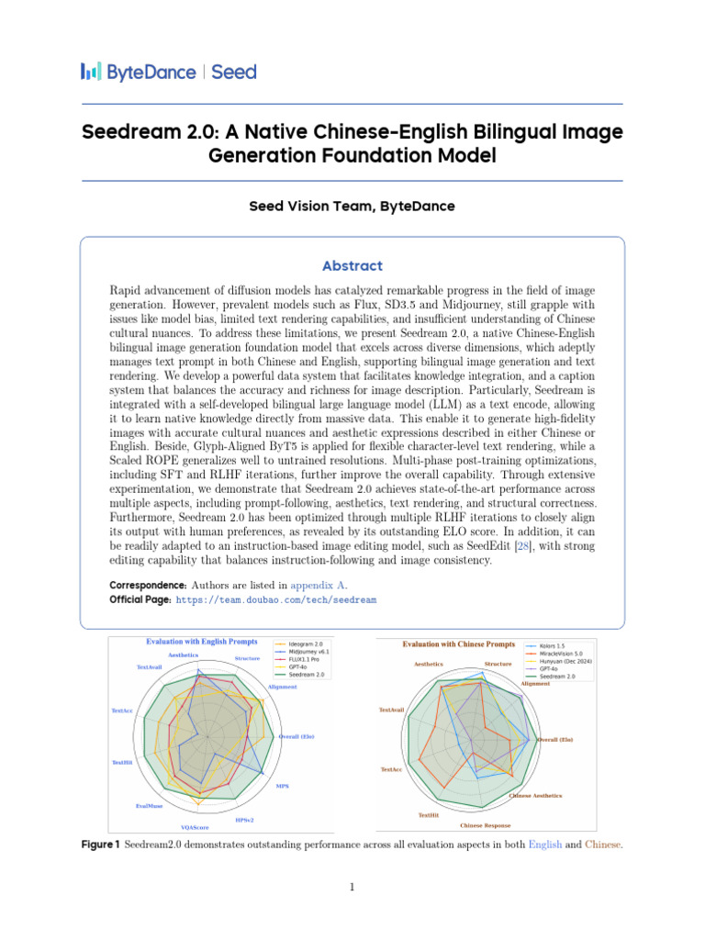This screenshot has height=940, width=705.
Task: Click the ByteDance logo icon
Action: (x=91, y=72)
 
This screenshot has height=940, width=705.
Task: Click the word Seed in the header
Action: (x=234, y=72)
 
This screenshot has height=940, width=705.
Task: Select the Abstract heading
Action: (x=352, y=266)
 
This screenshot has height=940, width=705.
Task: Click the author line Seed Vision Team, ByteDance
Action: (x=352, y=207)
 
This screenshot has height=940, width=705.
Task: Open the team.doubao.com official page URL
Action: (x=275, y=599)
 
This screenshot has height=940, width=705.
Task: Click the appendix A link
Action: (x=319, y=585)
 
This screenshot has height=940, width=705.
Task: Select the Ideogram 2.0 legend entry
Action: (x=307, y=643)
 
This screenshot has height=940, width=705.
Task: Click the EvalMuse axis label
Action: (x=149, y=806)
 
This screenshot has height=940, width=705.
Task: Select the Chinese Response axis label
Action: (x=486, y=825)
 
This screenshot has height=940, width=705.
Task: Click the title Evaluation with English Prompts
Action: (x=202, y=642)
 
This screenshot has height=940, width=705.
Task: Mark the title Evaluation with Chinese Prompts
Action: (x=459, y=644)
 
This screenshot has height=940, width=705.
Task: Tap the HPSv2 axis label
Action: (x=244, y=819)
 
